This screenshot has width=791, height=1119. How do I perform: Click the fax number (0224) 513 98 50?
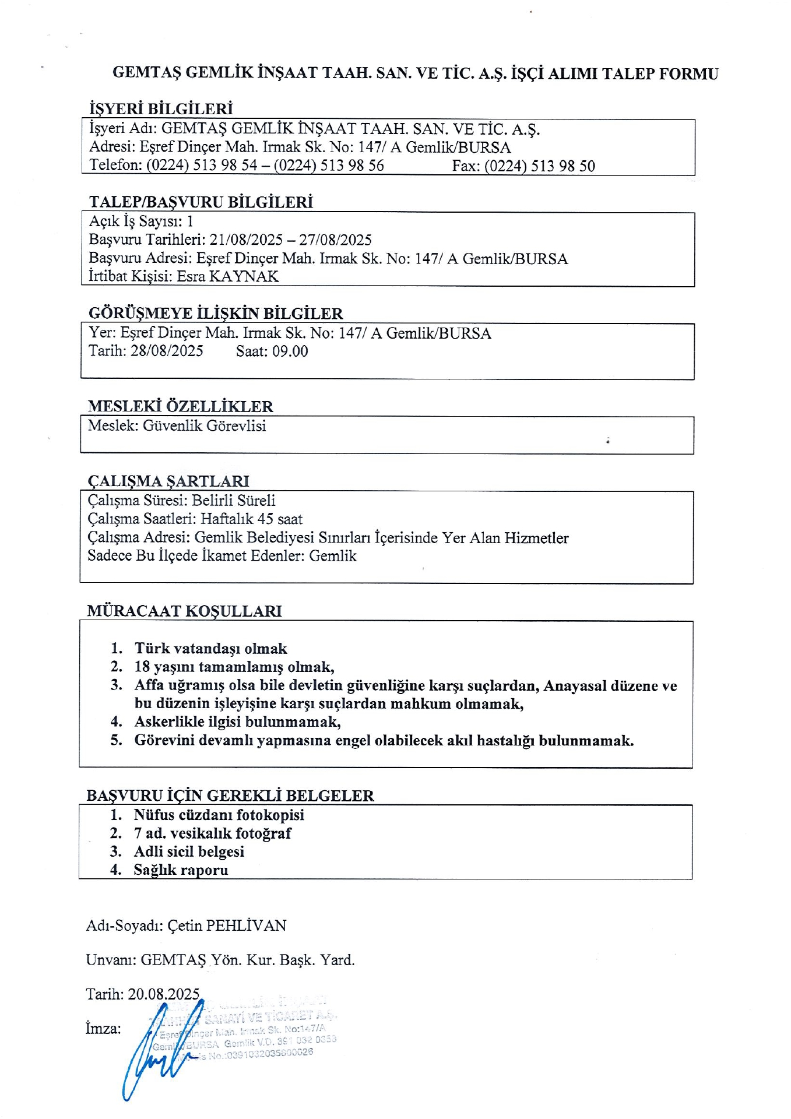[539, 166]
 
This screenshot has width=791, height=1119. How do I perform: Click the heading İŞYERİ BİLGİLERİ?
[161, 109]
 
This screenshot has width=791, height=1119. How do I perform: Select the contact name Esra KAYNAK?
[228, 276]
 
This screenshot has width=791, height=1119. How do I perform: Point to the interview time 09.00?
[290, 351]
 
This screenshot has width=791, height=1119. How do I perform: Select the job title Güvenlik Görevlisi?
[205, 426]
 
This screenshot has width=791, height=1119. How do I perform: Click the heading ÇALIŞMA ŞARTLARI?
[168, 481]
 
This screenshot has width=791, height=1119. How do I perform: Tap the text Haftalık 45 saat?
[252, 519]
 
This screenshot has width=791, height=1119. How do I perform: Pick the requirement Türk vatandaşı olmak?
[211, 649]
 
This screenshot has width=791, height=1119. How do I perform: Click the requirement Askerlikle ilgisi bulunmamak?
[237, 722]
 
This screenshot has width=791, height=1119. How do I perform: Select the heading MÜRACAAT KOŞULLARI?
[184, 611]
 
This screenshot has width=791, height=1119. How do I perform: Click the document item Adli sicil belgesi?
[189, 851]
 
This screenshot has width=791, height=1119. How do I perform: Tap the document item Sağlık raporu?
[181, 870]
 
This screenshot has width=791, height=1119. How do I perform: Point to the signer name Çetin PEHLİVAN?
[227, 926]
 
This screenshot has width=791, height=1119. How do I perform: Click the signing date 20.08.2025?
[164, 994]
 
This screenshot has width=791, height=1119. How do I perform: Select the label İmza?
[103, 1029]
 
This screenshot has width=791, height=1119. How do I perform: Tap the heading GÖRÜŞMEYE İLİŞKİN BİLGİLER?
[216, 314]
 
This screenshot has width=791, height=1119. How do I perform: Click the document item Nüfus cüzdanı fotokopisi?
[219, 815]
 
